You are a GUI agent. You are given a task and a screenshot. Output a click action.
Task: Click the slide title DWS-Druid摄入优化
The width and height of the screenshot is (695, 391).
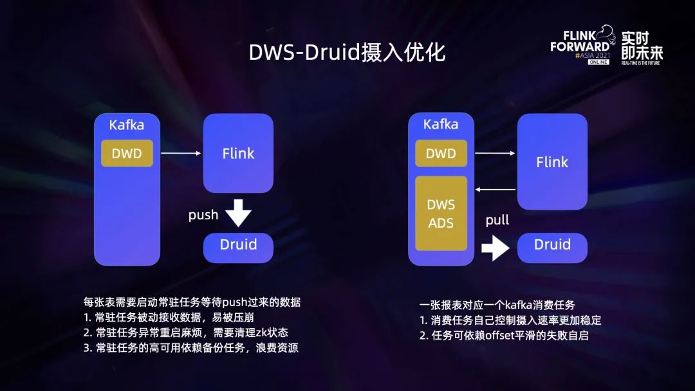pos(347,53)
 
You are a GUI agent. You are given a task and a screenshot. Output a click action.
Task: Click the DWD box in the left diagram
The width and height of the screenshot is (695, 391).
pos(127,153)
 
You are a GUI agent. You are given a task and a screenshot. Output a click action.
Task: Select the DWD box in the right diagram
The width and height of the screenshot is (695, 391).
pos(441,153)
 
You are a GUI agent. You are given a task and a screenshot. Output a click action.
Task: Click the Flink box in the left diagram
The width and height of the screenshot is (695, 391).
pos(238,153)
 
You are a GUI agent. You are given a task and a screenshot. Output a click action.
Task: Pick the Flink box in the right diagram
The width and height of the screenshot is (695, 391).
pos(552,162)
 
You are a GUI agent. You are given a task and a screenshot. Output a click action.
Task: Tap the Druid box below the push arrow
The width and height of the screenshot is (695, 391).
pos(238,245)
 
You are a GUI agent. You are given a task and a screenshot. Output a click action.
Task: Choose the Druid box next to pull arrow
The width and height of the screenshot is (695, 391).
pos(552,245)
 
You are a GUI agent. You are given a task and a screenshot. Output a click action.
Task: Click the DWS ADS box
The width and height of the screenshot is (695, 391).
pos(441,214)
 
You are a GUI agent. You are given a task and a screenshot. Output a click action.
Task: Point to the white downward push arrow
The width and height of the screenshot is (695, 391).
pos(239,213)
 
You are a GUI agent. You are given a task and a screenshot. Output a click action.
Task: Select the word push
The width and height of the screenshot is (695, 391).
pos(203,215)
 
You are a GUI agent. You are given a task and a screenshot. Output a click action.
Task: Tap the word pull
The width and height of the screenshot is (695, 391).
pos(497,220)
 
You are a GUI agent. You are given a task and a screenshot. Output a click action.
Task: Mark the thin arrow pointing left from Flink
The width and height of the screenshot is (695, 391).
pos(495,190)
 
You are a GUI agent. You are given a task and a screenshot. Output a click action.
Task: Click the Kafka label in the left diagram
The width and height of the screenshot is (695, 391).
pos(127,125)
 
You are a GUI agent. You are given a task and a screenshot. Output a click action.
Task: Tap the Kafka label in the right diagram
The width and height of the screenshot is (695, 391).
pos(441,124)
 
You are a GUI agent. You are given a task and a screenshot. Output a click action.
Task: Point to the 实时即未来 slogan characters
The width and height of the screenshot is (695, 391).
pos(642,45)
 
